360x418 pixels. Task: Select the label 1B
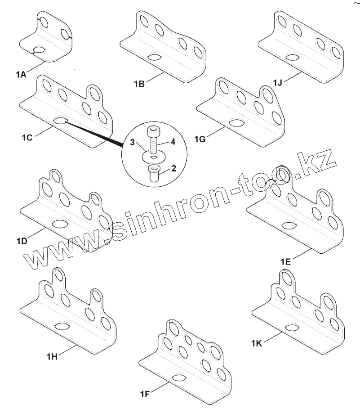pyautogui.click(x=139, y=83)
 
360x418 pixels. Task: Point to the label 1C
pyautogui.click(x=27, y=137)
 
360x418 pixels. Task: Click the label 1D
pyautogui.click(x=22, y=240)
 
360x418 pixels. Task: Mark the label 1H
pyautogui.click(x=52, y=356)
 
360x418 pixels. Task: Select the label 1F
pyautogui.click(x=145, y=395)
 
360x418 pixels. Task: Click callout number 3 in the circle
pyautogui.click(x=132, y=143)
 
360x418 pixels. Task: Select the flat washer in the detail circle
pyautogui.click(x=154, y=157)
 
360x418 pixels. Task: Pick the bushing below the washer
pyautogui.click(x=154, y=173)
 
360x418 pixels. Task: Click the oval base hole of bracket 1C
pyautogui.click(x=60, y=121)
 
